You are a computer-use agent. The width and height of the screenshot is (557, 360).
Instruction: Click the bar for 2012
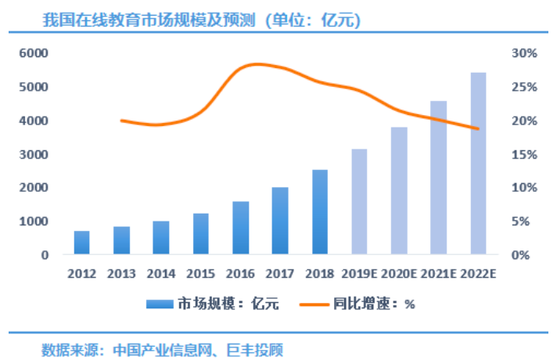click(x=82, y=243)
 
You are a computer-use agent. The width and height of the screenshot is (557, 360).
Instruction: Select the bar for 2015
click(x=201, y=234)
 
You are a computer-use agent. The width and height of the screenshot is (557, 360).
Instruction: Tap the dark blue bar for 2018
click(x=320, y=212)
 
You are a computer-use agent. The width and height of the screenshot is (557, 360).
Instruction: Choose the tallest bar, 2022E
click(x=478, y=164)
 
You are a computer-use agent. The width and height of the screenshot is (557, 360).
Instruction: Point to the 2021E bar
click(x=438, y=178)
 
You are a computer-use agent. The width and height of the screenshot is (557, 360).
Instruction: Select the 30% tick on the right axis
click(x=523, y=53)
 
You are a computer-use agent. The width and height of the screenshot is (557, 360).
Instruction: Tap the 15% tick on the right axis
click(x=523, y=154)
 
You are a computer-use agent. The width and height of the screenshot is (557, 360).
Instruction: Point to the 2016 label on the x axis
click(x=240, y=274)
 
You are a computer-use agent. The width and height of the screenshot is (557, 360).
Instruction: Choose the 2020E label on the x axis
click(x=399, y=274)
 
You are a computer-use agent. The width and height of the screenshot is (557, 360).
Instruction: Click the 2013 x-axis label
click(x=121, y=274)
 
